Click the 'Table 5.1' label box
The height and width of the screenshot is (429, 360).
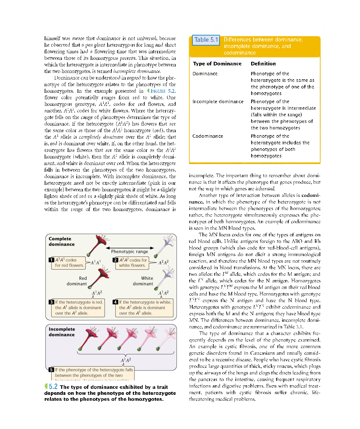click(x=206, y=40)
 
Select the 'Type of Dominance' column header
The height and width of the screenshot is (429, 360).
click(x=217, y=64)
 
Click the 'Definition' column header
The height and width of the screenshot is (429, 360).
click(x=263, y=64)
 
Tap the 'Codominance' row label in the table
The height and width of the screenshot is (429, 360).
click(x=207, y=136)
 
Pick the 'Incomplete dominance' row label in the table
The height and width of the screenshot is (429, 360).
click(x=218, y=102)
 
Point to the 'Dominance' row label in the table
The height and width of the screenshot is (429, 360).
click(x=205, y=74)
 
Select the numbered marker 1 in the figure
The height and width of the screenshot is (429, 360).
click(x=51, y=260)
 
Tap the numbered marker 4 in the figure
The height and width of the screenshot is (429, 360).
click(x=115, y=302)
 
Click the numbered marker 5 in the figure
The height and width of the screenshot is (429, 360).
click(x=51, y=369)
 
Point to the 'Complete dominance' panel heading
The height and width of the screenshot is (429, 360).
click(x=61, y=242)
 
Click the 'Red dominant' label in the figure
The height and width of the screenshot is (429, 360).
click(x=77, y=281)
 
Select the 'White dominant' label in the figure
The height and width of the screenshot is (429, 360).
click(x=143, y=281)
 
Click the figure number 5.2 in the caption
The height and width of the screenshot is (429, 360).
click(x=53, y=387)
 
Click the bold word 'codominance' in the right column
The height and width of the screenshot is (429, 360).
click(x=311, y=195)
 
